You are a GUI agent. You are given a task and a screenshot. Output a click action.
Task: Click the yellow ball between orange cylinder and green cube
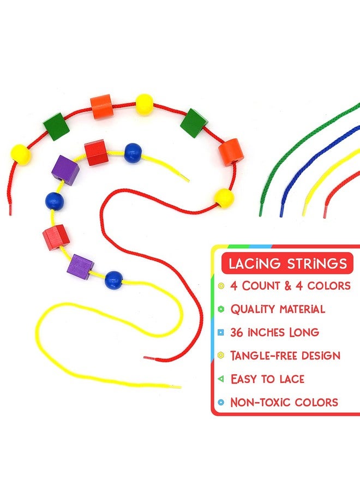pyautogui.click(x=145, y=104)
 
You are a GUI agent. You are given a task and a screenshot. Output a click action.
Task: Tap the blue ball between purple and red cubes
pyautogui.click(x=55, y=201)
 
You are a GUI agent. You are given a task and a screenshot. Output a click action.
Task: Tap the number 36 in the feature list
pyautogui.click(x=237, y=332)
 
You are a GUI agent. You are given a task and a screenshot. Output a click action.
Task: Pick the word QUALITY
pyautogui.click(x=253, y=309)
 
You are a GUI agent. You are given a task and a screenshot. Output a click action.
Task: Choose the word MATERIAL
pyautogui.click(x=302, y=309)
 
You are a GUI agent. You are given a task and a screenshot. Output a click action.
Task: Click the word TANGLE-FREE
pyautogui.click(x=263, y=356)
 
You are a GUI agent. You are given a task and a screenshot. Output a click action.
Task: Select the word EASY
pyautogui.click(x=244, y=379)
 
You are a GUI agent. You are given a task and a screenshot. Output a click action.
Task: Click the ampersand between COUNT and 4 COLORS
pyautogui.click(x=288, y=286)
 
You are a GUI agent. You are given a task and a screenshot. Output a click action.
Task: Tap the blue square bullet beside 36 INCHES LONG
pyautogui.click(x=221, y=332)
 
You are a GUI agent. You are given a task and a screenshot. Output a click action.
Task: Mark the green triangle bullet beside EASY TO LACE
pyautogui.click(x=221, y=379)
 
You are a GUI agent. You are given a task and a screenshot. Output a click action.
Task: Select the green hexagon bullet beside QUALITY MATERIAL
pyautogui.click(x=221, y=309)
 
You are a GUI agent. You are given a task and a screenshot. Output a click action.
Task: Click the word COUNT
pyautogui.click(x=261, y=286)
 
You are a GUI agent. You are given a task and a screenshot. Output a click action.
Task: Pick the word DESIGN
pyautogui.click(x=321, y=356)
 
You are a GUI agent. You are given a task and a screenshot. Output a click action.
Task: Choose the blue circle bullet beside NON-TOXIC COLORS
pyautogui.click(x=221, y=403)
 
